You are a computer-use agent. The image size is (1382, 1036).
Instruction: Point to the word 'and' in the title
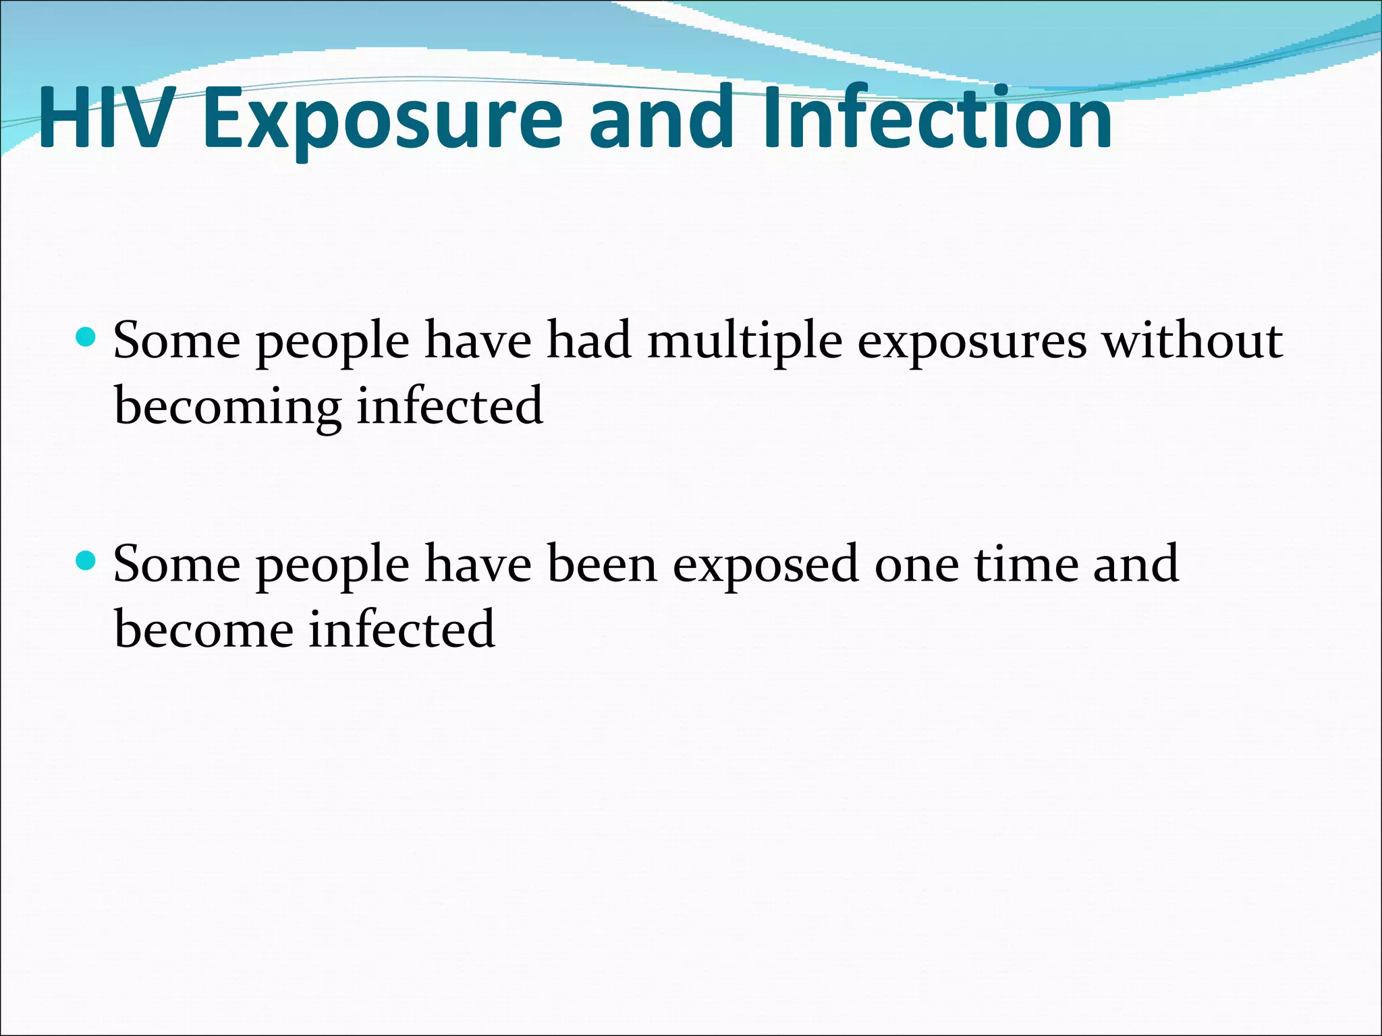[x=661, y=118]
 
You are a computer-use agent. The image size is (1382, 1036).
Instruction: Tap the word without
[x=1192, y=341]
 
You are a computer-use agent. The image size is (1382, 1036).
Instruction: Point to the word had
[x=588, y=340]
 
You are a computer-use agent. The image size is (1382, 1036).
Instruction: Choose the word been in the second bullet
[x=601, y=564]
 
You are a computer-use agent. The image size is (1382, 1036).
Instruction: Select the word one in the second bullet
[x=916, y=565]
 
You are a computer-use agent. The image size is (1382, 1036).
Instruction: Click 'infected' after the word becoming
[x=449, y=406]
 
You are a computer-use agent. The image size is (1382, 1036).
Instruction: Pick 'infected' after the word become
[x=402, y=629]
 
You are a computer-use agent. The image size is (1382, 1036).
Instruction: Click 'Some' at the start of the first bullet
[x=177, y=341]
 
